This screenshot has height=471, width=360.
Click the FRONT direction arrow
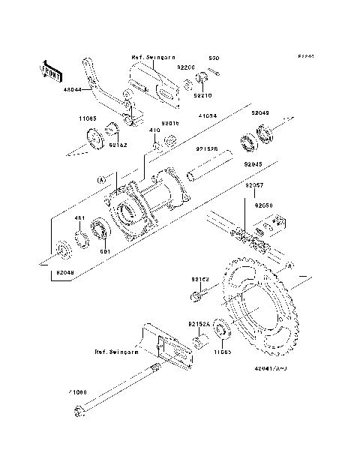coord(50,71)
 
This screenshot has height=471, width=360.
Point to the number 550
coord(213,58)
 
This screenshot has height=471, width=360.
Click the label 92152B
coord(207,148)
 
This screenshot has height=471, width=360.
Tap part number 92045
coord(253,163)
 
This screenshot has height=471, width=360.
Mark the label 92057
coord(253,184)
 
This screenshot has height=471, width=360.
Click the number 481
coord(77,218)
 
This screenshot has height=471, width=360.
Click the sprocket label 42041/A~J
coord(271,369)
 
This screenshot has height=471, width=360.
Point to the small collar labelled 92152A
coord(200,342)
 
